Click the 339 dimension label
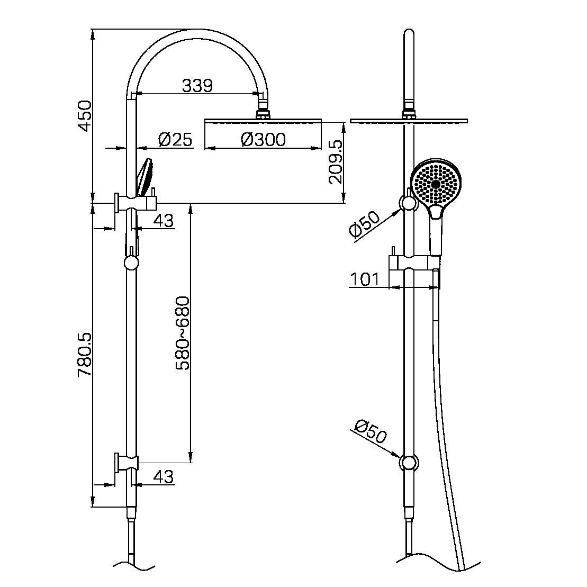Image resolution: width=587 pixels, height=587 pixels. pos(197,85)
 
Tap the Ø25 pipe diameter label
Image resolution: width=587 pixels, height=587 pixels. pos(175,140)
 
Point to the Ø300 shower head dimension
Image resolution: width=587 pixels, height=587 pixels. pos(263,140)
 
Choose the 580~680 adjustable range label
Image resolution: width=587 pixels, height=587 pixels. pos(183,333)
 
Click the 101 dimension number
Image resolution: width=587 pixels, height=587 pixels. pos(365,279)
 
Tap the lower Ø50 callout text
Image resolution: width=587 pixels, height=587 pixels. pos(371,431)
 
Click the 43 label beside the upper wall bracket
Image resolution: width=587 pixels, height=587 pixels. pos(163,220)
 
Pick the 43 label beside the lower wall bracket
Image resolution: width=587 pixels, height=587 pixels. pos(163,477)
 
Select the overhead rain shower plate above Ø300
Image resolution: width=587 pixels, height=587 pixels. pos(263,121)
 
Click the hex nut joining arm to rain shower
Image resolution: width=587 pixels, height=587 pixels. pos(263,113)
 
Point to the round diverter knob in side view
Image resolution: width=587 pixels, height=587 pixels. pos(131,263)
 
